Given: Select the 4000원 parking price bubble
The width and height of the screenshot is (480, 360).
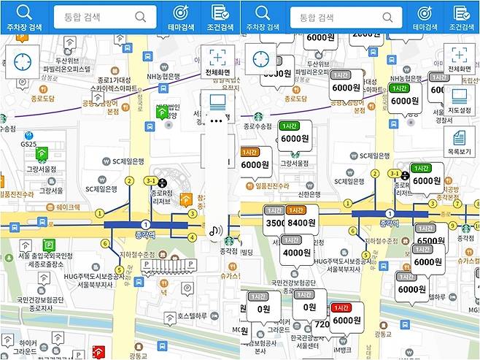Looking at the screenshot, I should tap(297, 252).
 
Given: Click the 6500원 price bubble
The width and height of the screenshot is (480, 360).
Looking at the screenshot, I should tap(430, 240).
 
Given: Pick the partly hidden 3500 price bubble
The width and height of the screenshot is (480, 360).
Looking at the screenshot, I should tap(274, 223).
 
